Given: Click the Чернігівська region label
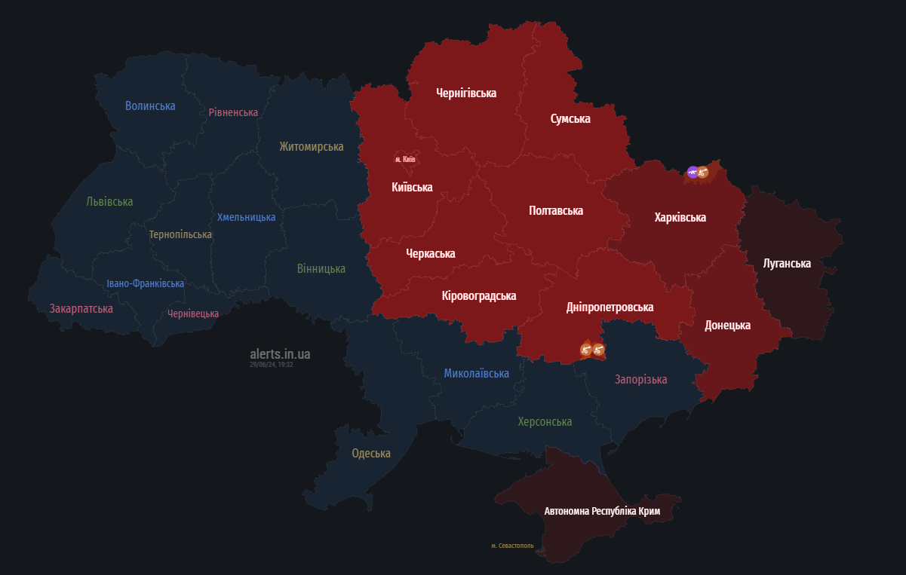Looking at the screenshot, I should click(466, 93).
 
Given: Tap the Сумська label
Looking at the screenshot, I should click(570, 119).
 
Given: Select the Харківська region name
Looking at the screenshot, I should click(680, 218).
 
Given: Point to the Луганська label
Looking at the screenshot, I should click(787, 264).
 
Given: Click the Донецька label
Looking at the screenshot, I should click(727, 326).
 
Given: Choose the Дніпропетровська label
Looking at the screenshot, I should click(610, 307).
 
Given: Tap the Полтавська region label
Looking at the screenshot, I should click(556, 211).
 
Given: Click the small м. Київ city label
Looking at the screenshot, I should click(405, 159).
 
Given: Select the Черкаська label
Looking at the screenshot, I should click(430, 254).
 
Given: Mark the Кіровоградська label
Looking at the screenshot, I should click(479, 296).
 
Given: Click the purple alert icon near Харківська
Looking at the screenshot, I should click(693, 173).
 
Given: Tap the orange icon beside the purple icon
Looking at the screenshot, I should click(703, 173).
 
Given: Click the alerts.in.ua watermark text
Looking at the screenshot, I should click(280, 354).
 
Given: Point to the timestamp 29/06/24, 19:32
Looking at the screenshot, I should click(272, 365).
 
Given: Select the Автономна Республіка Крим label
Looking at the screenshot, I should click(602, 511).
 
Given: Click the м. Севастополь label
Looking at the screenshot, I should click(512, 546).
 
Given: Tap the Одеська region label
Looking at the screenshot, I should click(371, 454).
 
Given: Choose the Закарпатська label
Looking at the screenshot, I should click(81, 309).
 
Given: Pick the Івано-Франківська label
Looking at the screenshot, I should click(145, 284).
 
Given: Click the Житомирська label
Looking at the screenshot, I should click(311, 147).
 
